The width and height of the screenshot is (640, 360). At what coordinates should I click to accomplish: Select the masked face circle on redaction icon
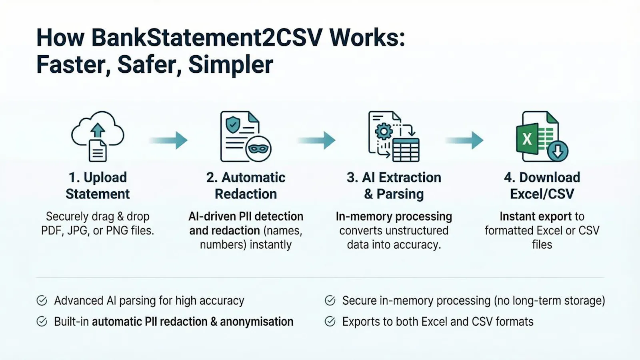click(x=258, y=149)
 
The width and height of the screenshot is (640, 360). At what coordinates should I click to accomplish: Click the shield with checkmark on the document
click(x=233, y=124)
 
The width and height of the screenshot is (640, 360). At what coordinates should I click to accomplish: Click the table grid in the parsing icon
click(x=406, y=150)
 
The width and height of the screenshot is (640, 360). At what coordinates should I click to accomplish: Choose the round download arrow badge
click(x=558, y=151)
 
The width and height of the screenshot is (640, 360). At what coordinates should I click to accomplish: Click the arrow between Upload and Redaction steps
click(x=168, y=140)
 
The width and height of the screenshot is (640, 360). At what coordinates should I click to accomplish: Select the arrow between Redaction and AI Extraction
click(x=316, y=140)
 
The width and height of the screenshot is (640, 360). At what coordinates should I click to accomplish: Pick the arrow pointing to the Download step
click(x=464, y=140)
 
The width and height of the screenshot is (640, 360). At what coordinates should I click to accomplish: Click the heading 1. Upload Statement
click(x=98, y=186)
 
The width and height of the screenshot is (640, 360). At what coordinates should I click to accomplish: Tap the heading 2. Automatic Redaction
click(x=246, y=186)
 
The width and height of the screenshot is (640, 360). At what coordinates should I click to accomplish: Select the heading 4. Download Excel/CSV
click(x=542, y=186)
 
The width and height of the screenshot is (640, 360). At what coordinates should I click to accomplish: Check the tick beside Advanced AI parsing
click(x=42, y=300)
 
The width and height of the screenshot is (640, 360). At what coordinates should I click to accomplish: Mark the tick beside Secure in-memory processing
click(x=330, y=300)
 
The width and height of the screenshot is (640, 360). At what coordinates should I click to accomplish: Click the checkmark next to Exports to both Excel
click(x=330, y=322)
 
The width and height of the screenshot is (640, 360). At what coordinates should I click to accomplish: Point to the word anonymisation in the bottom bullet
click(x=256, y=322)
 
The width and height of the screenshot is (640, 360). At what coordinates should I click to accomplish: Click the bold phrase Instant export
click(x=536, y=216)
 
